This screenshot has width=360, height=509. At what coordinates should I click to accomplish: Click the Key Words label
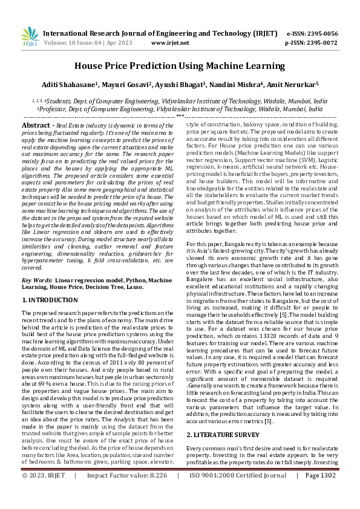point(36,280)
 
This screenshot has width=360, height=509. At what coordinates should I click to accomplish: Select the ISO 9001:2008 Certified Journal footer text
point(234,492)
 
